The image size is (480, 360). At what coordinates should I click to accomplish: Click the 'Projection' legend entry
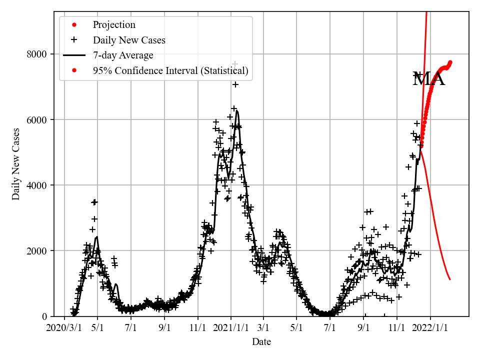tap(113, 25)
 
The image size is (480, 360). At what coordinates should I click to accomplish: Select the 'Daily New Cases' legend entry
tap(129, 40)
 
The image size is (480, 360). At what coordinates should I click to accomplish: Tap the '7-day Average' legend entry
tap(122, 55)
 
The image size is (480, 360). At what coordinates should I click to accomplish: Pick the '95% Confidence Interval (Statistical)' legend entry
tap(170, 70)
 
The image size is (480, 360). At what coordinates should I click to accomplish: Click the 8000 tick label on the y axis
tap(39, 54)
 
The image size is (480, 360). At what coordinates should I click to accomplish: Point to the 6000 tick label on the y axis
tap(39, 119)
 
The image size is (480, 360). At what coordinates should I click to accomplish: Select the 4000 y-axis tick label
tap(39, 185)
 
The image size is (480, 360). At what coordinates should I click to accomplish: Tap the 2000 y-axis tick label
tap(39, 250)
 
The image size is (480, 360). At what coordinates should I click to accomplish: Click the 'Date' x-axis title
tap(261, 342)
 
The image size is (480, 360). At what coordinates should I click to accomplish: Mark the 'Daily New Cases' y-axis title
tap(16, 163)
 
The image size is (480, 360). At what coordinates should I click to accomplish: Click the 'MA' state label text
tap(428, 79)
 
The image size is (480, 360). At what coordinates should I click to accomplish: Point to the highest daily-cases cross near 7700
tap(234, 64)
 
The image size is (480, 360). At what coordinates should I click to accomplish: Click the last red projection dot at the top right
tap(450, 62)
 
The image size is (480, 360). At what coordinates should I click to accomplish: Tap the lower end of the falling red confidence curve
tap(450, 279)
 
